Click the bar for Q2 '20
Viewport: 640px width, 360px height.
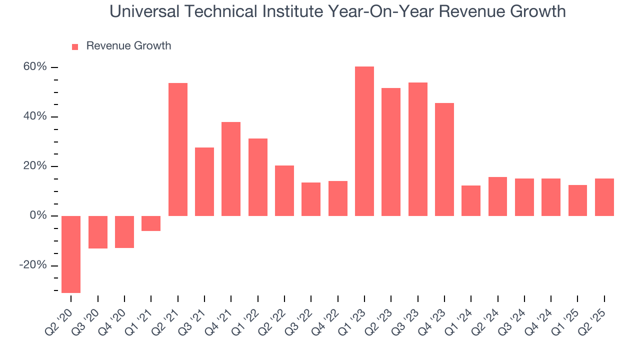pyautogui.click(x=71, y=254)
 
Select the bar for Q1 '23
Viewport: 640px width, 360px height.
pyautogui.click(x=364, y=141)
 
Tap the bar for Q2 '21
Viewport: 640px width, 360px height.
pyautogui.click(x=178, y=149)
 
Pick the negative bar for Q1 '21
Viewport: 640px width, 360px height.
pyautogui.click(x=151, y=223)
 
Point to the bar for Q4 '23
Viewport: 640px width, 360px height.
pyautogui.click(x=444, y=159)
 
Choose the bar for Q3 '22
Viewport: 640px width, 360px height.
pyautogui.click(x=311, y=199)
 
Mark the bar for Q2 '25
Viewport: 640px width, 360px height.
pyautogui.click(x=604, y=197)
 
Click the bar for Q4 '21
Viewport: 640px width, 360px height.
pyautogui.click(x=231, y=168)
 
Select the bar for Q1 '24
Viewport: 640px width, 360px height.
pyautogui.click(x=471, y=200)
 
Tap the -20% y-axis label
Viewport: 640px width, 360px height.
pyautogui.click(x=33, y=265)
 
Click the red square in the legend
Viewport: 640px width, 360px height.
pyautogui.click(x=75, y=46)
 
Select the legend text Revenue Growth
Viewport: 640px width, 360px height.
pyautogui.click(x=128, y=46)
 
